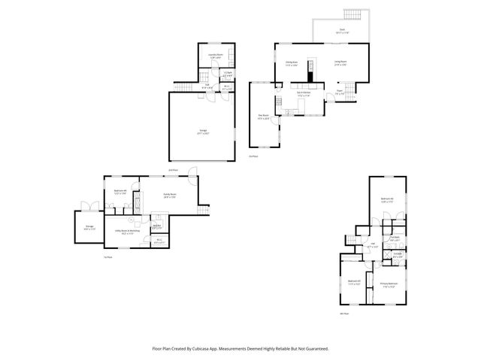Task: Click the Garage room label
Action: tap(204, 132)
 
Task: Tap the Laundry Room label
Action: tap(216, 55)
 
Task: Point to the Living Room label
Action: tap(340, 63)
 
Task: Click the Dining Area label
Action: tap(292, 63)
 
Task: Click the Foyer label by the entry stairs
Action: tap(340, 93)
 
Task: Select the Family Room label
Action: tap(170, 195)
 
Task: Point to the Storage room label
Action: tap(89, 228)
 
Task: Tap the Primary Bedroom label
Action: tap(388, 284)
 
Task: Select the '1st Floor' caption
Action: tap(107, 257)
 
